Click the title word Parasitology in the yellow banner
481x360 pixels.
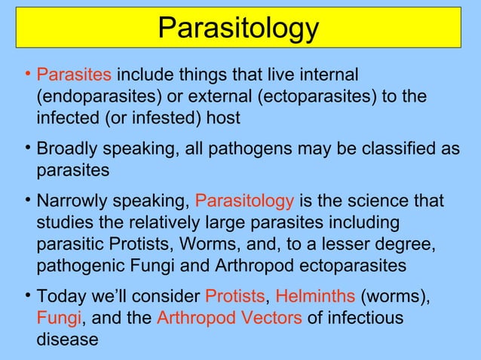click(x=239, y=29)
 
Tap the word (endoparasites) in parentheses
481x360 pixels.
click(x=95, y=97)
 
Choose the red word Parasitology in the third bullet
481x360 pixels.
click(x=245, y=202)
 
